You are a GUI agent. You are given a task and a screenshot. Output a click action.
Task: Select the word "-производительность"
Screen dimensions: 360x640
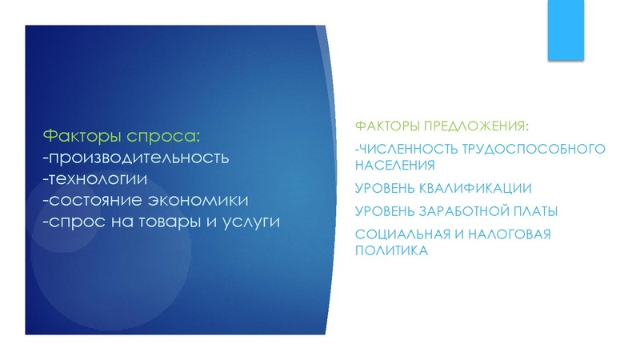[x=136, y=155]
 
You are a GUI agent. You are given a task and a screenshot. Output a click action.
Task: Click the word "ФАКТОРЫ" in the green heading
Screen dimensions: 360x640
[x=385, y=127]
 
